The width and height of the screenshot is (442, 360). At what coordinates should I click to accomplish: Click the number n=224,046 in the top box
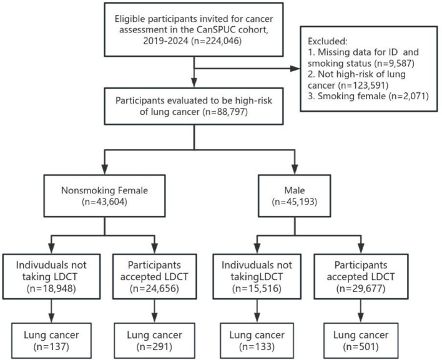coord(217,41)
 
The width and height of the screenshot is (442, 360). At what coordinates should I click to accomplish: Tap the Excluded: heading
coord(328,41)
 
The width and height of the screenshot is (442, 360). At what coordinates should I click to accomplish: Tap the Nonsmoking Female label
coord(104,190)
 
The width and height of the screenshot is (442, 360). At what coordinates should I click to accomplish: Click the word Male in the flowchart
coord(294,190)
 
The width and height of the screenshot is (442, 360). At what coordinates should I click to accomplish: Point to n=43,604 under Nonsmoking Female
coord(104,202)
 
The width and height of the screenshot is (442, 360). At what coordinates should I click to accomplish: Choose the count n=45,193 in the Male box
coord(294,202)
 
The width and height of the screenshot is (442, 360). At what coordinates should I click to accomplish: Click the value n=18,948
coord(51,288)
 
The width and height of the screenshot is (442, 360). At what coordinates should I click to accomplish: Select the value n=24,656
coord(154,288)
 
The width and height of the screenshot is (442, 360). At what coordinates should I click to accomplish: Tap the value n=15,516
coord(257,288)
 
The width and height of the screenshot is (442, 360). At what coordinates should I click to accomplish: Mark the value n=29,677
coord(361,288)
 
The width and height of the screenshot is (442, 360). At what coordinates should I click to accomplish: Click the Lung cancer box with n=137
coord(51,340)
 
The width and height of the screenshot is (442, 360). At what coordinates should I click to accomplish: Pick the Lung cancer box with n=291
coord(154,340)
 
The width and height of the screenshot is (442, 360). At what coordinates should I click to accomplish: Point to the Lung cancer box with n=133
coord(257,340)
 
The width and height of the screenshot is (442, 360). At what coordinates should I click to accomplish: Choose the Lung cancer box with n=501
coord(361,340)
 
